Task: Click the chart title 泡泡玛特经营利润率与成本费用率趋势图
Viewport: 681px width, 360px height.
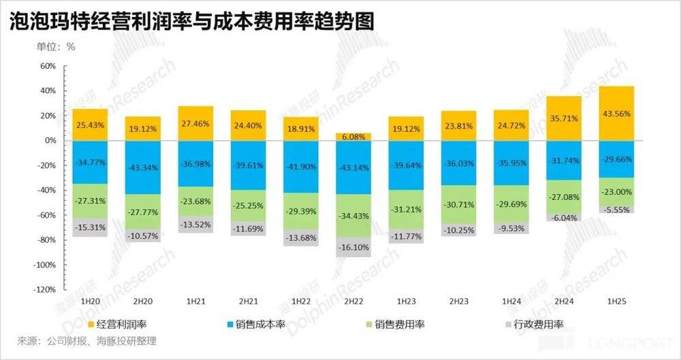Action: coord(191,20)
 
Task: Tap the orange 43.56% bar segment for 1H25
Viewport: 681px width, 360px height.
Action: coord(617,113)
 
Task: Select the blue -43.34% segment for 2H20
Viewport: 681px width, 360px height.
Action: coord(142,167)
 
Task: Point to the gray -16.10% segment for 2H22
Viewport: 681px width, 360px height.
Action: coord(353,247)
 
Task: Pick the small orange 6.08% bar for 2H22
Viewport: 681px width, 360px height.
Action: coord(353,136)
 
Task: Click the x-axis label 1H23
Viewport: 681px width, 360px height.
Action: coord(405,300)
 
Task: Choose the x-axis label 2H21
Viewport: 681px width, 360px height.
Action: coord(247,300)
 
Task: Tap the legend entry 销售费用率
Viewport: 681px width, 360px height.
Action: coord(399,325)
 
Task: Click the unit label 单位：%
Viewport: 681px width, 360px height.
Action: coord(56,47)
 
